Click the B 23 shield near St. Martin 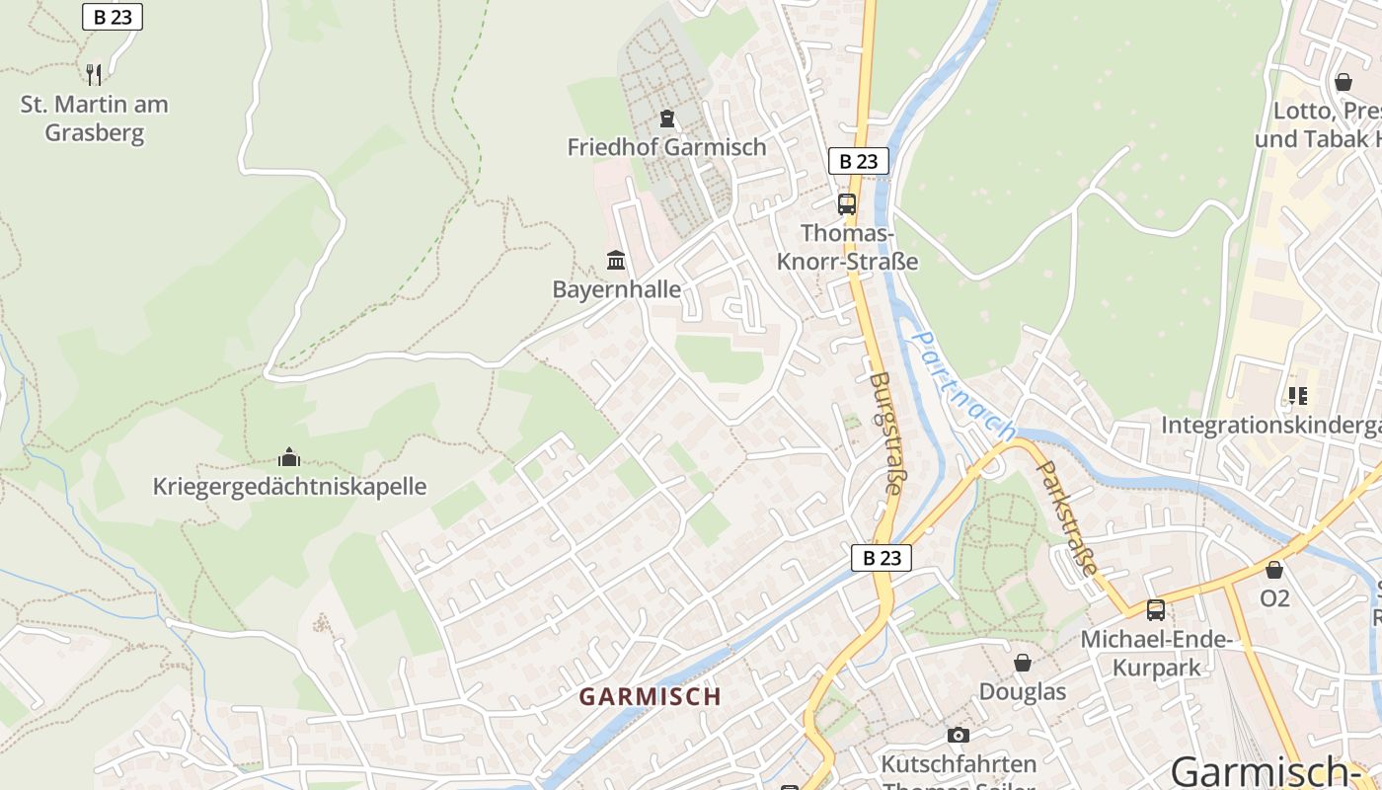tap(113, 17)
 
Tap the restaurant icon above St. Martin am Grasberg tap(94, 74)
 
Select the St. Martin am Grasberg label tap(95, 118)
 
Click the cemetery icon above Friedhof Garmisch tap(667, 118)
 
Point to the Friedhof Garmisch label tap(666, 147)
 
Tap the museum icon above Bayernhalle tap(616, 260)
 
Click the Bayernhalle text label tap(616, 289)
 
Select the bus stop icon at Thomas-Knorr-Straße tap(847, 204)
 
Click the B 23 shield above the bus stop tap(858, 161)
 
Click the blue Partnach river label tap(961, 385)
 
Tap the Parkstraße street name tap(1069, 517)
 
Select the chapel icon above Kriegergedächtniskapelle tap(289, 456)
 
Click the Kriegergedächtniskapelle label tap(289, 486)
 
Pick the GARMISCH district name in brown tap(650, 696)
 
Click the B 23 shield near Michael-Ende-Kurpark tap(882, 557)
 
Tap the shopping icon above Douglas tap(1023, 663)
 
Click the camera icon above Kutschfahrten tap(958, 735)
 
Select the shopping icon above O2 tap(1274, 570)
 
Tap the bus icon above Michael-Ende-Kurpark tap(1155, 610)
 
